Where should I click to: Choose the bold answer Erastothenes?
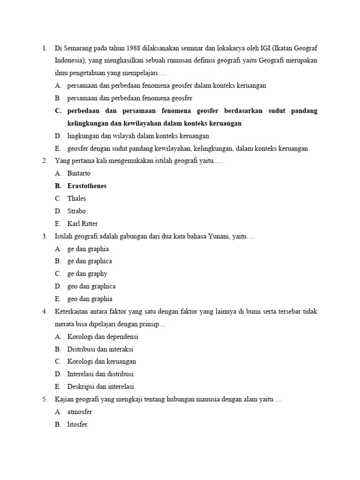click(87, 186)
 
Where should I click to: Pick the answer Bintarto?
click(80, 173)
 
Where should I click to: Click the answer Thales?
click(77, 199)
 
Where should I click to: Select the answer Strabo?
click(76, 211)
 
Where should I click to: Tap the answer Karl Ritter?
click(82, 224)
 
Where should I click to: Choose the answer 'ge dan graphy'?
click(87, 274)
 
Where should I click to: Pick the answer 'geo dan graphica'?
click(91, 286)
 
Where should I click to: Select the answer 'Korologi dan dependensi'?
click(103, 337)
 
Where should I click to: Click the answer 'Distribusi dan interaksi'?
click(100, 349)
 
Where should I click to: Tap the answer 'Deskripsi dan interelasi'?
click(101, 387)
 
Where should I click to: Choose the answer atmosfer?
click(80, 412)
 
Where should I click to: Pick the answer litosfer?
click(77, 425)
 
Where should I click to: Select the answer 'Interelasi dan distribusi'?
click(100, 374)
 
